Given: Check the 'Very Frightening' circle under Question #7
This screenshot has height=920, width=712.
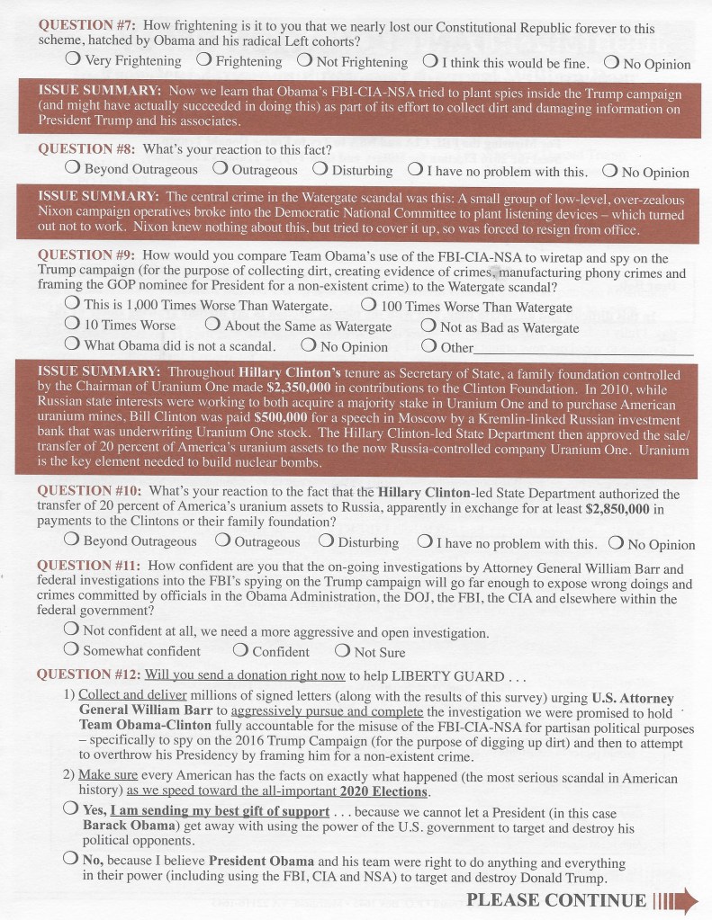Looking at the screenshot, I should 73,60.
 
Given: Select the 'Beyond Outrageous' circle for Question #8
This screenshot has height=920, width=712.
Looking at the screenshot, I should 73,168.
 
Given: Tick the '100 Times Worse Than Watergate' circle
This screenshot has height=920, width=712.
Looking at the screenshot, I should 369,306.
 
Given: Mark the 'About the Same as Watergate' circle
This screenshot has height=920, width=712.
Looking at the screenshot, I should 212,325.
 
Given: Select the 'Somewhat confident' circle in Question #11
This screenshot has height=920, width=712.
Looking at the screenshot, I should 72,650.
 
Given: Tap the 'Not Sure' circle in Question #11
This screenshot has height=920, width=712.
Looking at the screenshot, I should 342,651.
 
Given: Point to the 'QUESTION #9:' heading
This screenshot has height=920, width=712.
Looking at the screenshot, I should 88,255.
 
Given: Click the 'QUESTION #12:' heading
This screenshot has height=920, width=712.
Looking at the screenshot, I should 88,674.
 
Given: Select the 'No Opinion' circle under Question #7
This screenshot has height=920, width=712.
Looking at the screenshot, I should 611,62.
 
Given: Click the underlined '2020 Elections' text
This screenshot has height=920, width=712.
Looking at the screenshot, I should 385,791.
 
